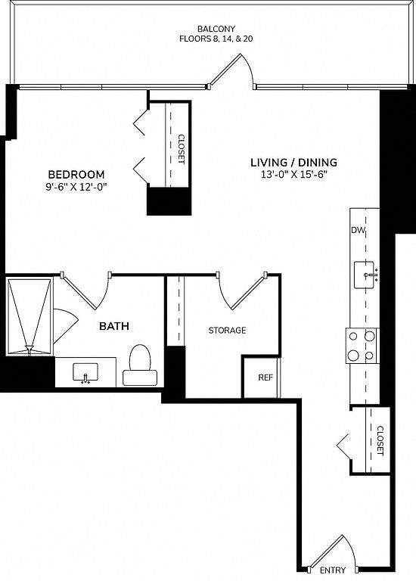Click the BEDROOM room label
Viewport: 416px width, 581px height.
click(76, 174)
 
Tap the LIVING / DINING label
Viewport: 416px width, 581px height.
click(293, 163)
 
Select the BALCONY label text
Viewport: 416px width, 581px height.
click(216, 29)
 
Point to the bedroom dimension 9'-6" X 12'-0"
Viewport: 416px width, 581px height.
click(76, 187)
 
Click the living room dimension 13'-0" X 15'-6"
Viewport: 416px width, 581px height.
click(294, 175)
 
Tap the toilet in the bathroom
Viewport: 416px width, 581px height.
click(140, 365)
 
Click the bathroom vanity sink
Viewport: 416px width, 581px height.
click(85, 372)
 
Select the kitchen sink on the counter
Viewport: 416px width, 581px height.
click(365, 275)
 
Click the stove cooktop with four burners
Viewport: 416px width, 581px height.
click(362, 346)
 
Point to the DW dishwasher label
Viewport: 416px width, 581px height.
click(359, 230)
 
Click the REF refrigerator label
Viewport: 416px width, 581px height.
click(265, 377)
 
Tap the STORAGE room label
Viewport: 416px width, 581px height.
click(227, 330)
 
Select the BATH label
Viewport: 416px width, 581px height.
click(114, 326)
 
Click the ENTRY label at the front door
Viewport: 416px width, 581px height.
click(333, 570)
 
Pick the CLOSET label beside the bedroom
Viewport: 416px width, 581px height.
click(181, 148)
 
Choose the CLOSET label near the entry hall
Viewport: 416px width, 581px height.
click(380, 440)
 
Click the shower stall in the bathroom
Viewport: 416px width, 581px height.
click(29, 317)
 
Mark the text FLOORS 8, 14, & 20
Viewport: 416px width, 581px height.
click(216, 39)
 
